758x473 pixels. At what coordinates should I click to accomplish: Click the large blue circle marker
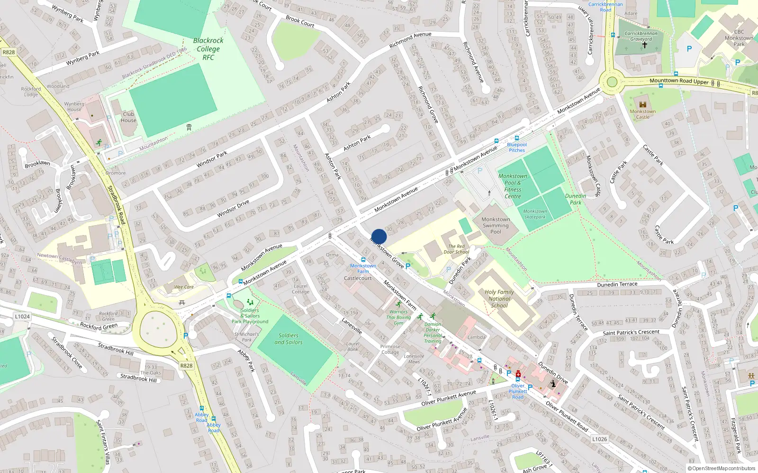(x=379, y=236)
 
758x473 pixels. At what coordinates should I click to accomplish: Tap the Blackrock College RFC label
(x=208, y=49)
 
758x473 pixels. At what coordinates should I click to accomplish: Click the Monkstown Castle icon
(x=643, y=105)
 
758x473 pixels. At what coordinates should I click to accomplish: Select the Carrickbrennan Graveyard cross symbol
(x=644, y=45)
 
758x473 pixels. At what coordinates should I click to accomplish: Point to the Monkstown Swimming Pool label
(x=496, y=225)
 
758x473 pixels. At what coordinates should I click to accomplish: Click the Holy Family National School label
(x=499, y=298)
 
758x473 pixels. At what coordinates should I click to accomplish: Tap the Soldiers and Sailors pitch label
(x=289, y=339)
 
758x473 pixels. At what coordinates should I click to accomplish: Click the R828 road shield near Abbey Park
(x=186, y=366)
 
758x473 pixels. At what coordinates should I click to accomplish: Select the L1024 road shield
(x=22, y=316)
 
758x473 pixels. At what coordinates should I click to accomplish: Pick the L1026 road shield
(x=599, y=439)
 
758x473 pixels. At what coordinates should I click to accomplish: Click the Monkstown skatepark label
(x=535, y=214)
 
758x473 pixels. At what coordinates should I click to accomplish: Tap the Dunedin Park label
(x=576, y=199)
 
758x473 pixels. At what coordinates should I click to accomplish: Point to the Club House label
(x=128, y=117)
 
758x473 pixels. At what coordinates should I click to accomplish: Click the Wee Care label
(x=184, y=287)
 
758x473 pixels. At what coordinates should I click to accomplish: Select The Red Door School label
(x=456, y=249)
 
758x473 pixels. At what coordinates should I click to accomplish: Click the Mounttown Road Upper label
(x=679, y=81)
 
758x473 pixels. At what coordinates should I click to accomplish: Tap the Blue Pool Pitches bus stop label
(x=516, y=147)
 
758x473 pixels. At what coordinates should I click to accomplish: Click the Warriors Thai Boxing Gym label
(x=398, y=317)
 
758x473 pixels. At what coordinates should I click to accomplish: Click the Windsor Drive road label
(x=233, y=209)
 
